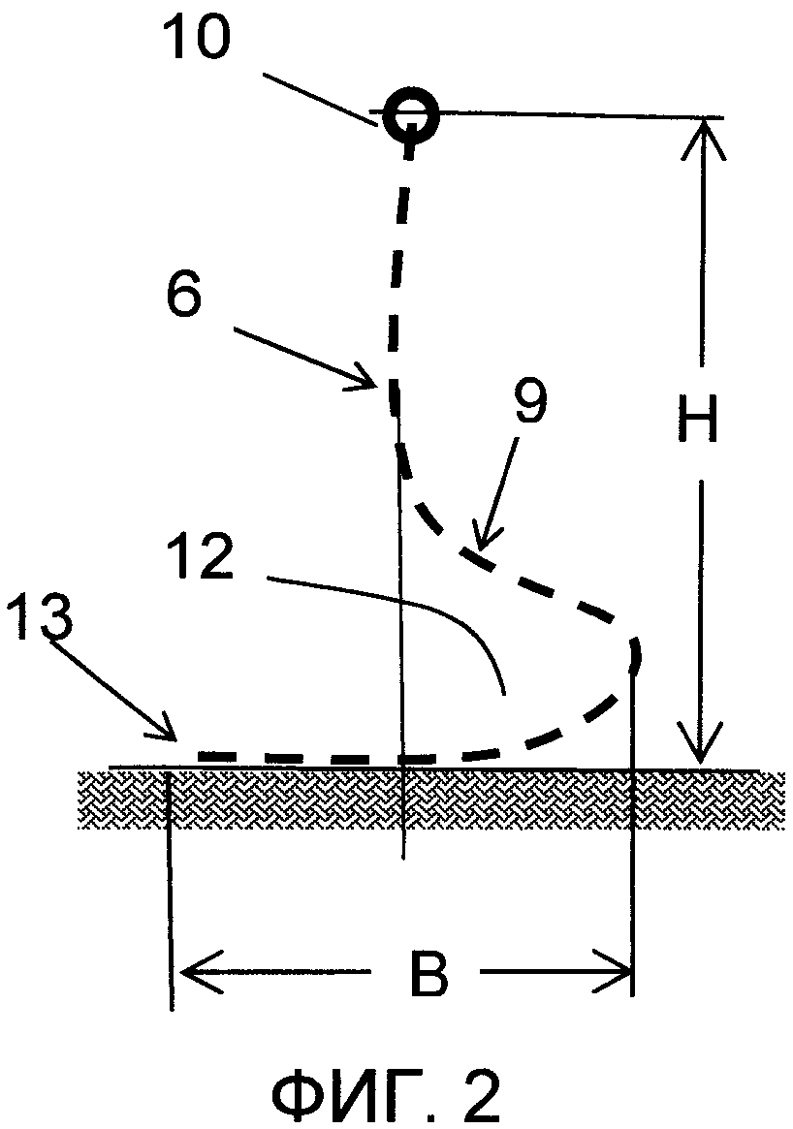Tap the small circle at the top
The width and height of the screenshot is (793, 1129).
410,113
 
